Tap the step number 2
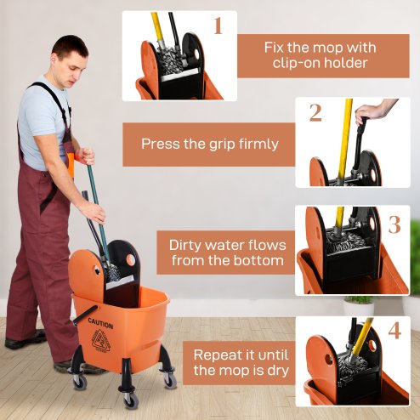pyautogui.click(x=315, y=112)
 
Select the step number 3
pyautogui.click(x=395, y=224)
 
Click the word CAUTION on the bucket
pyautogui.click(x=99, y=324)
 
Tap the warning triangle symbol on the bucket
pyautogui.click(x=102, y=340)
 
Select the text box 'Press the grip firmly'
pyautogui.click(x=209, y=144)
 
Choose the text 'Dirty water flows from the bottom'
pyautogui.click(x=227, y=253)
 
